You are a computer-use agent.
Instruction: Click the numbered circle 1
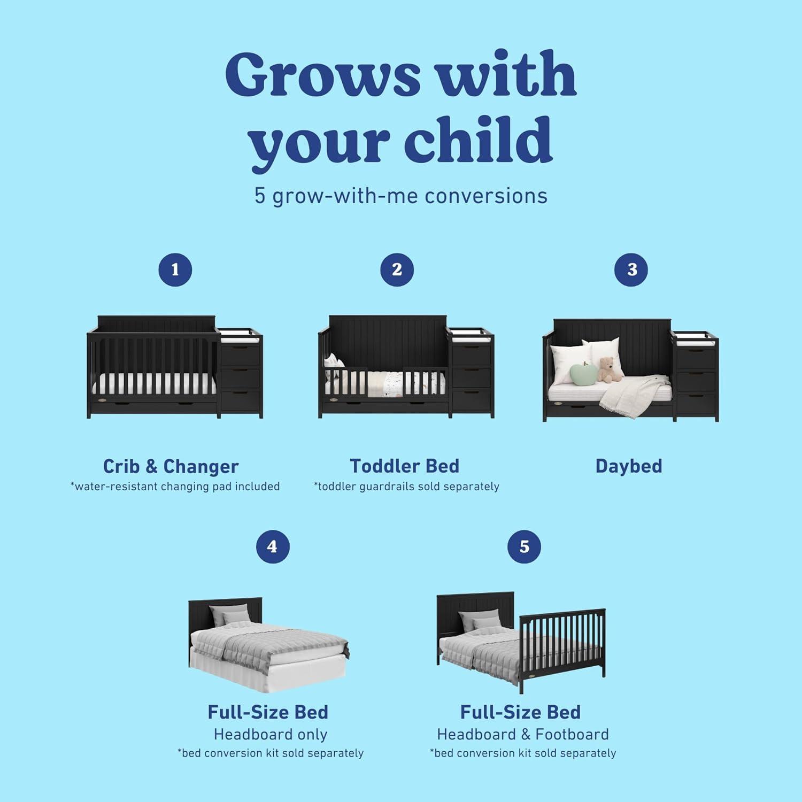(175, 269)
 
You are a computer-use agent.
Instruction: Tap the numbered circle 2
(397, 269)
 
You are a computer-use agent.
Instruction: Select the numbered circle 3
(631, 269)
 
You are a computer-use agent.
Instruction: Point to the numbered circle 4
(272, 546)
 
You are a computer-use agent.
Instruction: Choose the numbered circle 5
(524, 546)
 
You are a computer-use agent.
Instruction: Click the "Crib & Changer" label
(171, 466)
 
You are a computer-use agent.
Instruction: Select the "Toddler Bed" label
(405, 466)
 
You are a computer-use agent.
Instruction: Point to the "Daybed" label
(629, 466)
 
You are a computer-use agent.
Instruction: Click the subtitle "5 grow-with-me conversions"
(401, 196)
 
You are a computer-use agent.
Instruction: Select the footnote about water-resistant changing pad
(175, 487)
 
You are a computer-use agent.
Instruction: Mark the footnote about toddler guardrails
(406, 487)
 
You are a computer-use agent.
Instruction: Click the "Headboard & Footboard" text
(523, 735)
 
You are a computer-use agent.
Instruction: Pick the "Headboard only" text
(271, 735)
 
